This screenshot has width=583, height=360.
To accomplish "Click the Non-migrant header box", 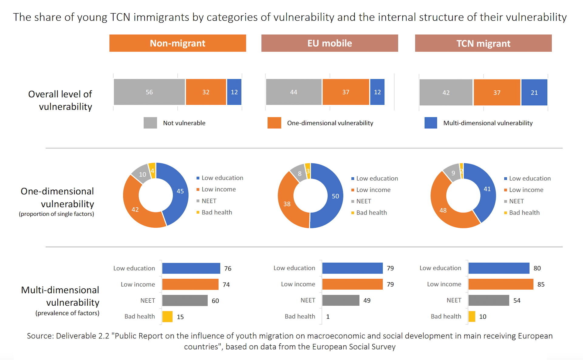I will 178,43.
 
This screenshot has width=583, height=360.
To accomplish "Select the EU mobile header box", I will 329,43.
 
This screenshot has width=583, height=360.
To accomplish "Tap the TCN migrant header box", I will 483,43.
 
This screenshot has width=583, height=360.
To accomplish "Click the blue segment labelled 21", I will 534,93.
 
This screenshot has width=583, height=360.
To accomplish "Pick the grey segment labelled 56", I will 149,92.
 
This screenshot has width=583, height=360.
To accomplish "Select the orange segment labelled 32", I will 206,92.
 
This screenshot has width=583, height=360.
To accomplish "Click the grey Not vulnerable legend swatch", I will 150,123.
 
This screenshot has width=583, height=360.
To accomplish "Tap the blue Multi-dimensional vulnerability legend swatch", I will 431,123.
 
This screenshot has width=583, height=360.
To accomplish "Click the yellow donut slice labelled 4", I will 152,171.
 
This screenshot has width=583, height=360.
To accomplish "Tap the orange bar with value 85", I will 501,284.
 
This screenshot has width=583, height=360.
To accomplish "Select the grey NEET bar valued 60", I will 185,301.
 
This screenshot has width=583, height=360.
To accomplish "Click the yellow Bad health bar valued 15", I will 167,317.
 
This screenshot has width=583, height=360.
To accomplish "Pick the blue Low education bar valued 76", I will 191,268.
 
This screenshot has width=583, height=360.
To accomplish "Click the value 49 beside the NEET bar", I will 367,301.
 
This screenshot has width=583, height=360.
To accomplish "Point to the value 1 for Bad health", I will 328,317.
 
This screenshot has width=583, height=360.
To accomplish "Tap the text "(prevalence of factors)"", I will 67,313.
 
